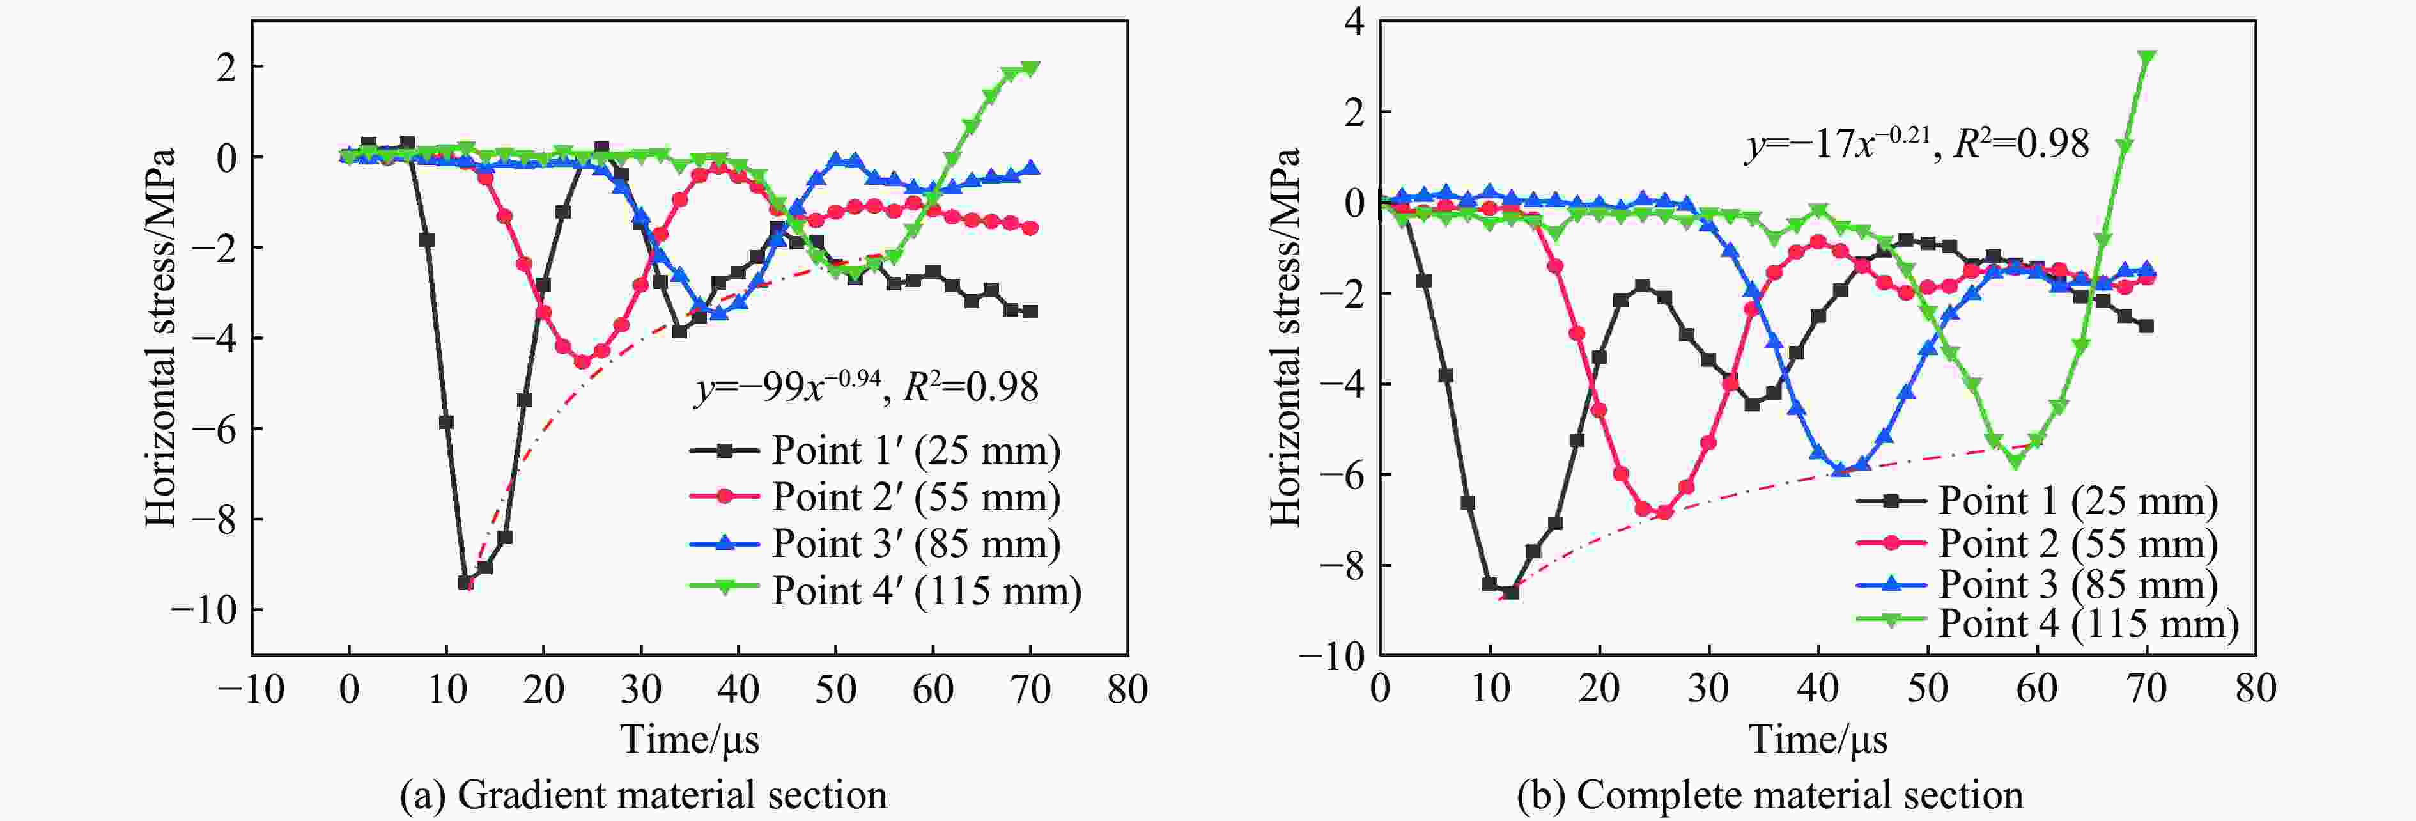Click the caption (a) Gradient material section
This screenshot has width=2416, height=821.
point(644,795)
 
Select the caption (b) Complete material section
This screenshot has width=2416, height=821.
point(1770,795)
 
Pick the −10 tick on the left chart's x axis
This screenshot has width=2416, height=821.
point(251,690)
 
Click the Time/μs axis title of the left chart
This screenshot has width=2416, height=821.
point(690,739)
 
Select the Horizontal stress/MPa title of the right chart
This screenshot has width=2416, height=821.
point(1286,336)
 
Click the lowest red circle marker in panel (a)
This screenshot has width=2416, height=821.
point(582,361)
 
